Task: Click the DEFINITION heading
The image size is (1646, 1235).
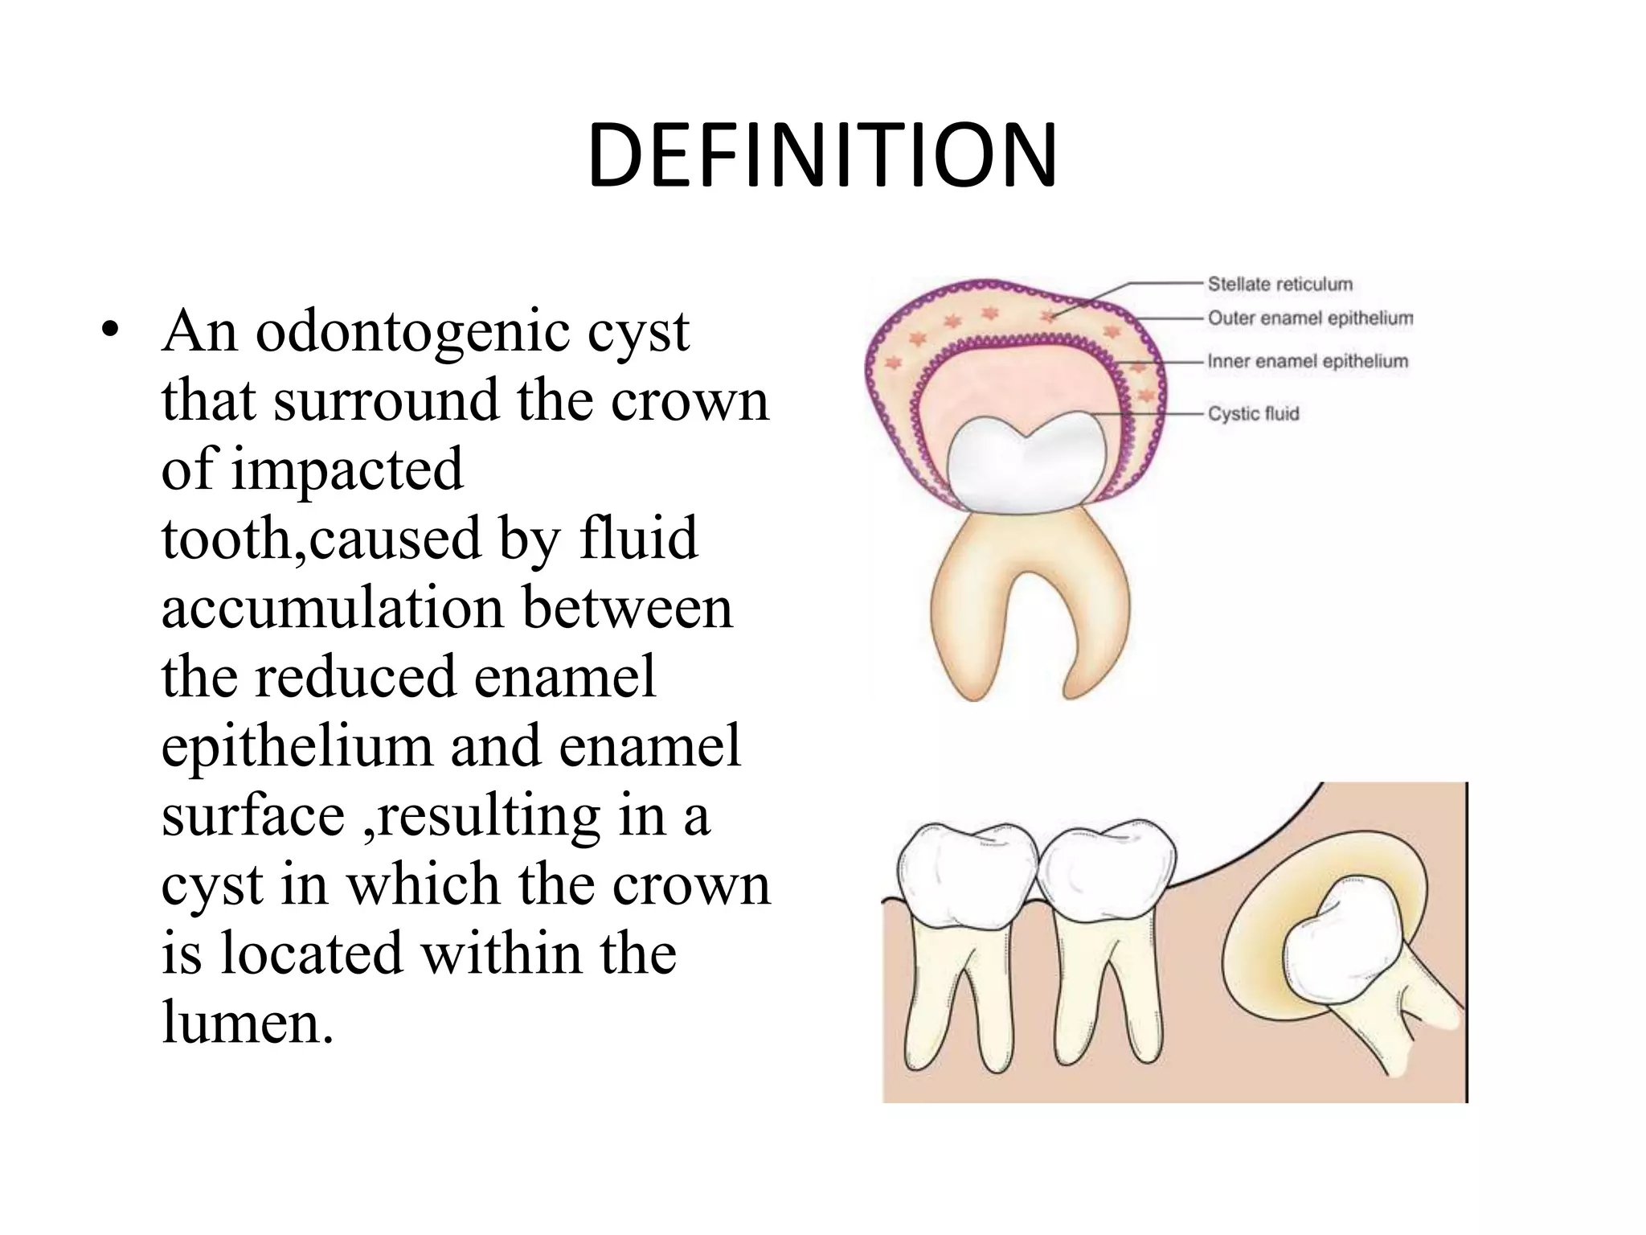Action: [x=822, y=156]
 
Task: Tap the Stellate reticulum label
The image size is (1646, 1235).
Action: [x=1280, y=284]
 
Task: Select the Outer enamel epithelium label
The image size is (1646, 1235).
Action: [x=1310, y=318]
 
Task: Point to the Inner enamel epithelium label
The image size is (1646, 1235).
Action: [x=1308, y=362]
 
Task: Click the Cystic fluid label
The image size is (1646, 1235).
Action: [x=1253, y=413]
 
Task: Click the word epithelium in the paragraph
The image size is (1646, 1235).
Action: [x=297, y=748]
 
